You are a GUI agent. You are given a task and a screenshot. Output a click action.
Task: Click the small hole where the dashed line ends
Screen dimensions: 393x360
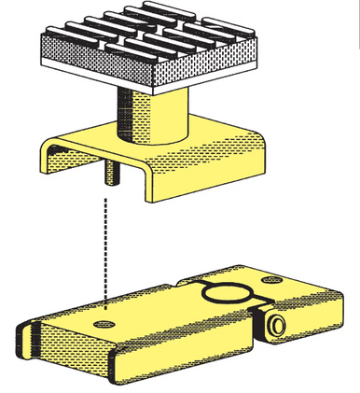coord(104,322)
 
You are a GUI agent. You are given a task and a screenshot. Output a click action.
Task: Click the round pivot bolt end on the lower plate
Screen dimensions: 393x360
coord(276,324)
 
